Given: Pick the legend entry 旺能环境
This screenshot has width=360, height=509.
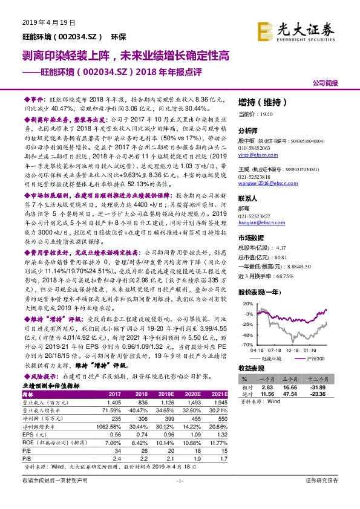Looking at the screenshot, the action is tap(279, 358).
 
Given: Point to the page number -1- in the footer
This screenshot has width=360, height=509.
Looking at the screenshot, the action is tap(179, 498).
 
